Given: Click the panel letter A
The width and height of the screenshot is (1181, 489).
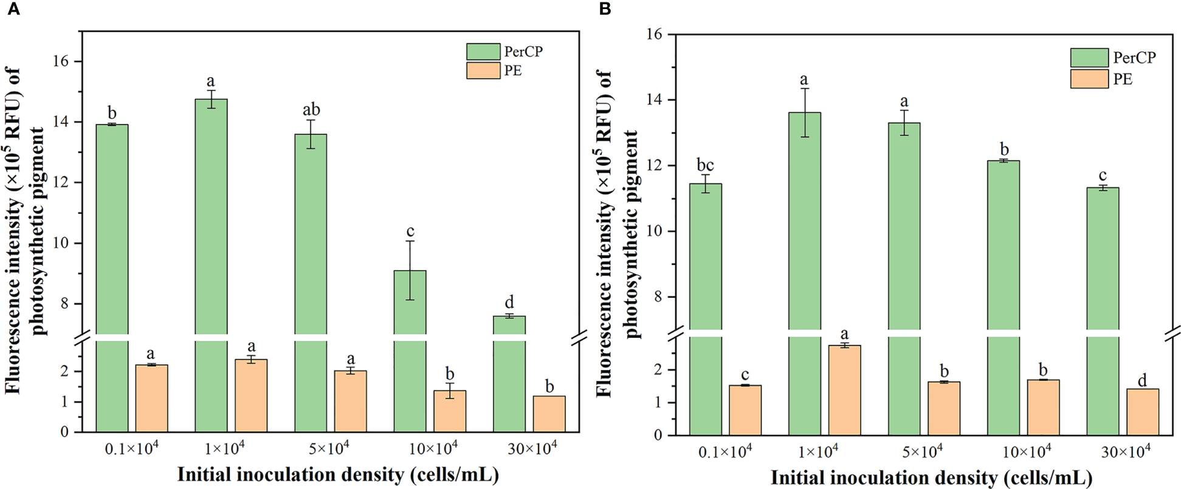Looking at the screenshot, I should [13, 9].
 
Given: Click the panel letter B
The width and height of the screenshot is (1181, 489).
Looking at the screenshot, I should [605, 9].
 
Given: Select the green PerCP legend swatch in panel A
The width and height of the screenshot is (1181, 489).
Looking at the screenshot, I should [483, 52].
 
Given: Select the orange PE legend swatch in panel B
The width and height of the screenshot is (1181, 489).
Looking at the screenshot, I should [1089, 79].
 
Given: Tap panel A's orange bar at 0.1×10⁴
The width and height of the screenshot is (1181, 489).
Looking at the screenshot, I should [151, 398].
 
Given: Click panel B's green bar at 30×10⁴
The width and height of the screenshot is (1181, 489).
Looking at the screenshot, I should [1102, 304].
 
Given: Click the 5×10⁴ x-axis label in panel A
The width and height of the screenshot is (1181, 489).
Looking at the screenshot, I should [328, 448].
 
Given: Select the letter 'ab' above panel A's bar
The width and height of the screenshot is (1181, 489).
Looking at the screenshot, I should [311, 110].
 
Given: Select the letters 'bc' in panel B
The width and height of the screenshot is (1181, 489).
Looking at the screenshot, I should [705, 165].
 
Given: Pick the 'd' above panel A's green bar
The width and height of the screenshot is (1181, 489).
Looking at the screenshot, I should [509, 302].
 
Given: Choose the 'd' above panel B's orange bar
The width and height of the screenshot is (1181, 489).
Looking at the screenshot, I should [1142, 381].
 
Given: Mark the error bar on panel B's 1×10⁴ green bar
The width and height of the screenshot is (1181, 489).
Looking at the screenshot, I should [804, 112].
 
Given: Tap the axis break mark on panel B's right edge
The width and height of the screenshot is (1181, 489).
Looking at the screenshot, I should [1172, 333].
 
